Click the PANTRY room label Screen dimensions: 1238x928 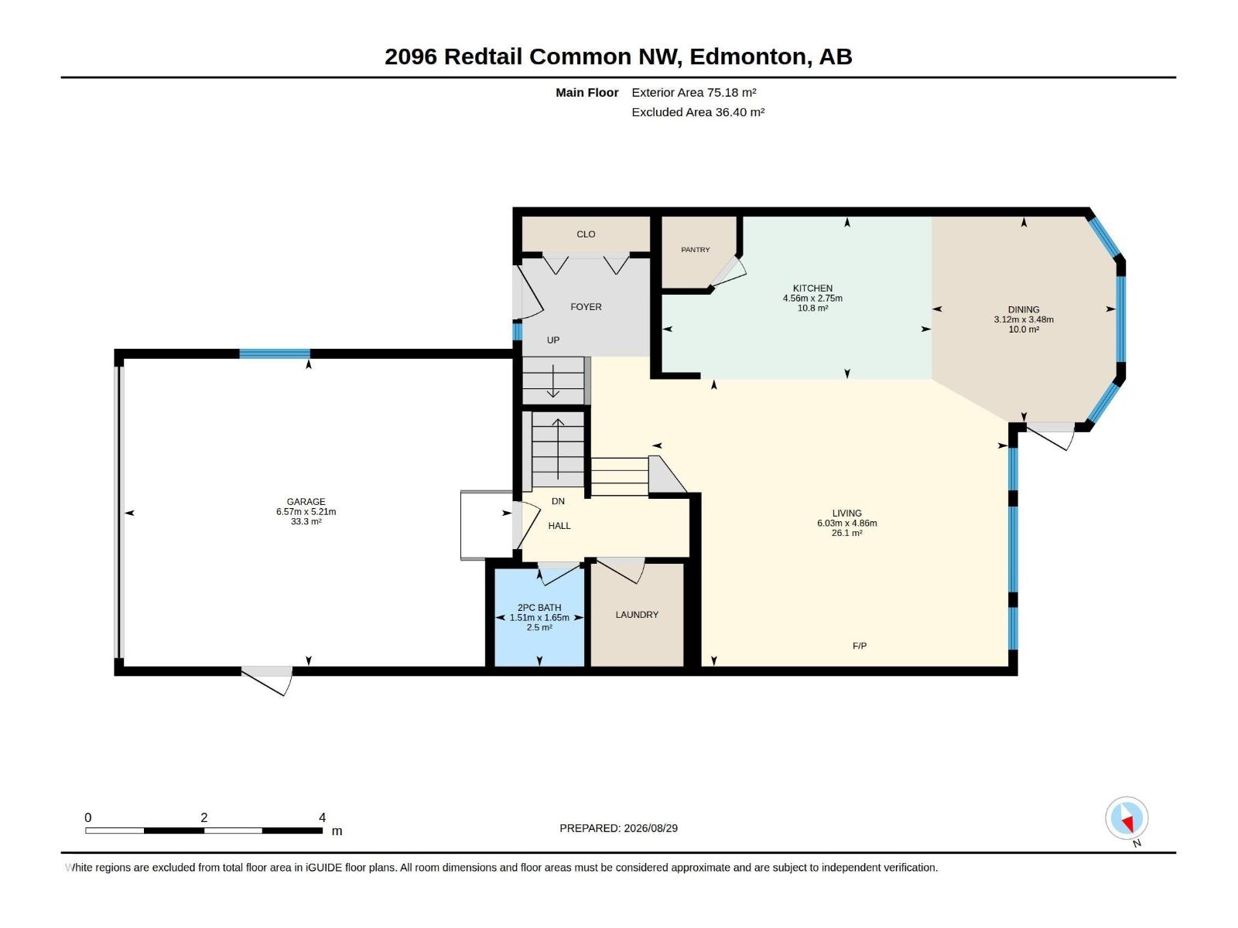pyautogui.click(x=695, y=250)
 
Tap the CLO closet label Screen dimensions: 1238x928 pyautogui.click(x=586, y=234)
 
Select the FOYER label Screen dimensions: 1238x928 pyautogui.click(x=586, y=306)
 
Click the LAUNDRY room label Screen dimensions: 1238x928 pyautogui.click(x=637, y=614)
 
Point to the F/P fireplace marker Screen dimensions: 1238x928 pyautogui.click(x=859, y=646)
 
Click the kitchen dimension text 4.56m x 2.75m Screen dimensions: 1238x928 pyautogui.click(x=812, y=298)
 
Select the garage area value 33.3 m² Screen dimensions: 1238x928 pyautogui.click(x=306, y=522)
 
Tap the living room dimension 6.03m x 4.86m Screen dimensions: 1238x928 pyautogui.click(x=846, y=523)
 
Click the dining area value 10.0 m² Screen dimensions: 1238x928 pyautogui.click(x=1023, y=329)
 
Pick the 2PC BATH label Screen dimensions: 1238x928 pyautogui.click(x=539, y=607)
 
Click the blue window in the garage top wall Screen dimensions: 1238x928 pyautogui.click(x=275, y=354)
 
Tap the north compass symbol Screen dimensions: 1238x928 pyautogui.click(x=1127, y=818)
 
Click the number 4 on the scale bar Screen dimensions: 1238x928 pyautogui.click(x=322, y=817)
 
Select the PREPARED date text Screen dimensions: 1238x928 pyautogui.click(x=618, y=828)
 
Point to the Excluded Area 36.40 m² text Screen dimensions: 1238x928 pyautogui.click(x=698, y=112)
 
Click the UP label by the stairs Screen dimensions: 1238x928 pyautogui.click(x=552, y=339)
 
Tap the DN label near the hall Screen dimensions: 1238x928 pyautogui.click(x=558, y=501)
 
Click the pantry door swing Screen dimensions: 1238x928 pyautogui.click(x=728, y=272)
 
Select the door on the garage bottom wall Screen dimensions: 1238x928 pyautogui.click(x=267, y=680)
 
